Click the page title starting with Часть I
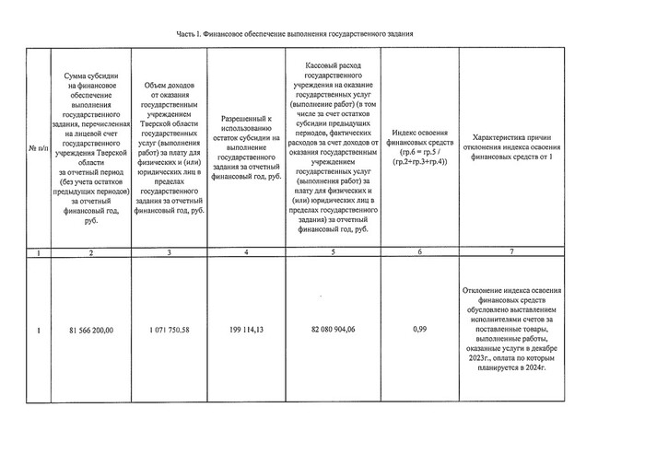click(x=293, y=33)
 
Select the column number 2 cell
click(x=90, y=252)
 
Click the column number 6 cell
click(x=419, y=252)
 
